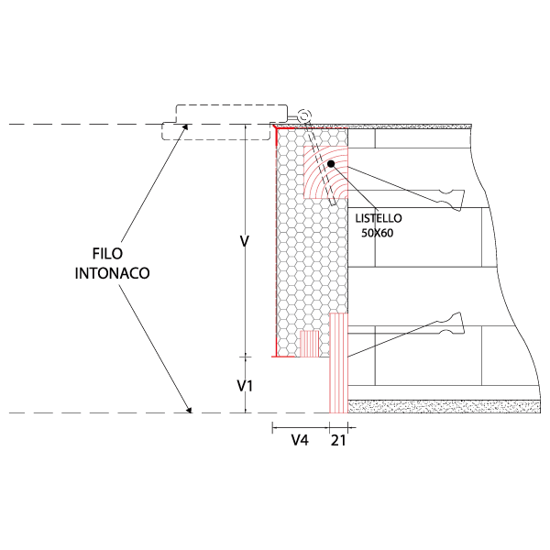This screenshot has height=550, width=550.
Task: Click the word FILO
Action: [107, 254]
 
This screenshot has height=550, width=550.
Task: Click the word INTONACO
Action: [112, 273]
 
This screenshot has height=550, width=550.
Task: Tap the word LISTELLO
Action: [379, 218]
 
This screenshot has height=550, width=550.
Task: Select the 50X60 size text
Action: [378, 233]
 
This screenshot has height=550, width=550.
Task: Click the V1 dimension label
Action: [245, 386]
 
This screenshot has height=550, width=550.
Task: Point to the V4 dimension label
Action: [300, 440]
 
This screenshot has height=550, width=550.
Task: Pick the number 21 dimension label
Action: [338, 441]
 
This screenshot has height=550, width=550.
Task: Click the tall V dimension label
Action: [244, 241]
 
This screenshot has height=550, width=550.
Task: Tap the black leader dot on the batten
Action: [331, 164]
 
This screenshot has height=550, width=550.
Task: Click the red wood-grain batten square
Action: [325, 172]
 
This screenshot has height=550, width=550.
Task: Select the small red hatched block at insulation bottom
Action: [310, 344]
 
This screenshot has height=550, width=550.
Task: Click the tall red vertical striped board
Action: [338, 363]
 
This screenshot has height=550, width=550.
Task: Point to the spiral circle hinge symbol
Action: [303, 115]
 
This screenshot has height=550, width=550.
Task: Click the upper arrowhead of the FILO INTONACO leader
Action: [185, 127]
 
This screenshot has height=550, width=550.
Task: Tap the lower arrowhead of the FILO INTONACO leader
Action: [190, 410]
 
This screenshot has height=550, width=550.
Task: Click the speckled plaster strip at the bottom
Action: [444, 406]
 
